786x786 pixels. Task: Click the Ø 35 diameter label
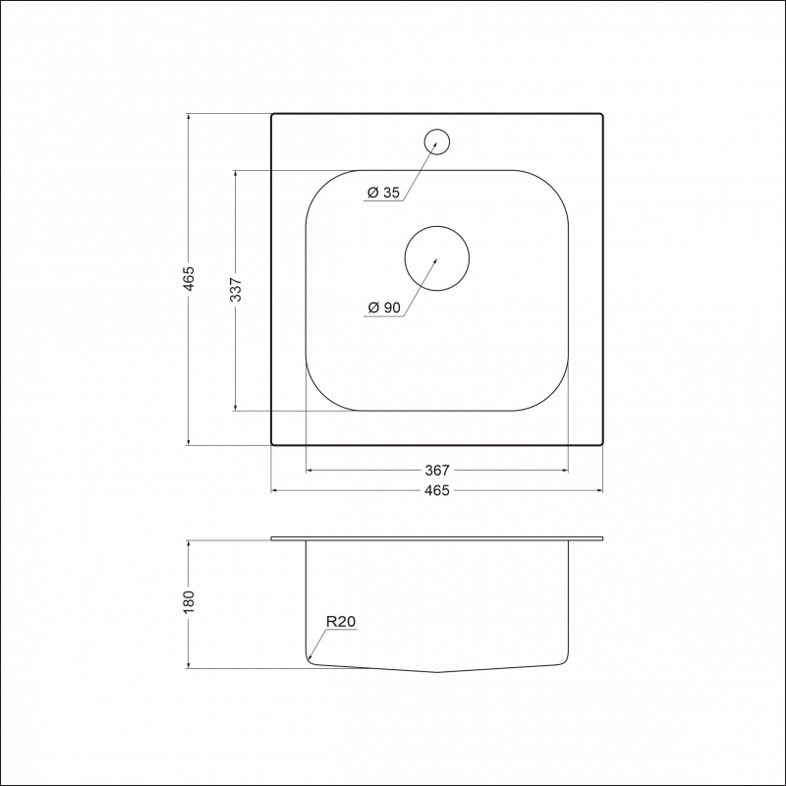[383, 193]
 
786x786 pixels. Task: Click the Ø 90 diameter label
[384, 308]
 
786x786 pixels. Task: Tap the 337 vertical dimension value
[236, 290]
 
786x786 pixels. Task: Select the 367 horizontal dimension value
[437, 471]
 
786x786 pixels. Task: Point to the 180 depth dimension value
[189, 602]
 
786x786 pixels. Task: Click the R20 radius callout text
[341, 622]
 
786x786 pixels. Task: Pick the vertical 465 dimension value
[189, 279]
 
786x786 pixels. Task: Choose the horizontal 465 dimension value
[437, 490]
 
